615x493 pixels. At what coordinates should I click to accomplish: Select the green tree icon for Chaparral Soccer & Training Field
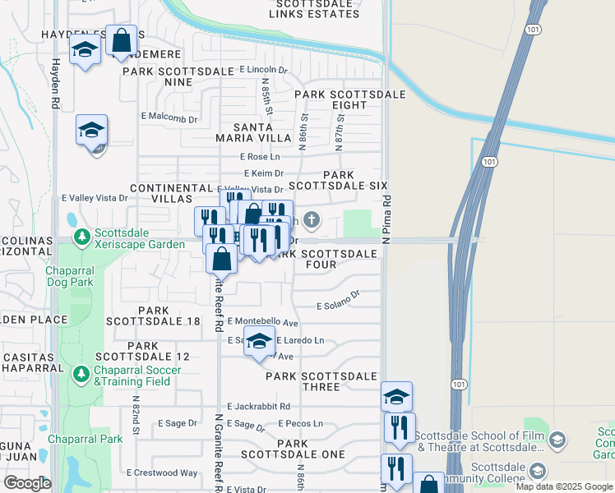tap(81, 375)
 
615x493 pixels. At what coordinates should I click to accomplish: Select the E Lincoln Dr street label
tap(263, 71)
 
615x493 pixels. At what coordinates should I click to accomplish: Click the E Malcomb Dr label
tap(169, 119)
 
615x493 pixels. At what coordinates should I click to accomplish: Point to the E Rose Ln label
tap(260, 156)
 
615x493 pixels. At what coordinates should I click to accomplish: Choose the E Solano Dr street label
tap(340, 302)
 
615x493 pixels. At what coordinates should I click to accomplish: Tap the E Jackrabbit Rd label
tap(258, 406)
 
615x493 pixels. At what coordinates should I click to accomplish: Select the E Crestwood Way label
tap(162, 472)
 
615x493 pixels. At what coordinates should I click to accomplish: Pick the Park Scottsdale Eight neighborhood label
tap(349, 99)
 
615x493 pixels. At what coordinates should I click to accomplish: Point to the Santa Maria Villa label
tap(252, 132)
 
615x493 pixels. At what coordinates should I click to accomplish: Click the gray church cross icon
tap(311, 219)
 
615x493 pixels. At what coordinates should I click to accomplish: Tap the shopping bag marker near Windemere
tap(121, 41)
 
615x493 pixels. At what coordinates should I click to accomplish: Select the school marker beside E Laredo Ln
tap(259, 343)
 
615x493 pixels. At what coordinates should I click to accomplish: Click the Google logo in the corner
tap(27, 483)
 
